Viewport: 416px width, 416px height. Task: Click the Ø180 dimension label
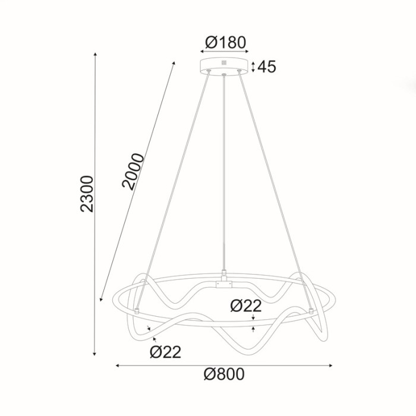(x=225, y=43)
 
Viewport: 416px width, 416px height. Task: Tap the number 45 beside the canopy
(x=267, y=67)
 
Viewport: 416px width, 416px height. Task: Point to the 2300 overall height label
(x=87, y=194)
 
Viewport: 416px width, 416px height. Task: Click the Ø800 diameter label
(x=224, y=374)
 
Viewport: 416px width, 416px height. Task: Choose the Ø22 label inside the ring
(x=245, y=307)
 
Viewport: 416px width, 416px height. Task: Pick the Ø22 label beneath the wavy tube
(x=165, y=352)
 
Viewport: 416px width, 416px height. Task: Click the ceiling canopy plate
(x=224, y=64)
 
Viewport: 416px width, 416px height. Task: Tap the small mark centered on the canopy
(x=224, y=62)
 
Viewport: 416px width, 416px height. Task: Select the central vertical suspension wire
(x=224, y=178)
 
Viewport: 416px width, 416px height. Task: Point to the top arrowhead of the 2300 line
(x=95, y=55)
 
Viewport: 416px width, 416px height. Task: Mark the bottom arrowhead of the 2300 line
(x=95, y=354)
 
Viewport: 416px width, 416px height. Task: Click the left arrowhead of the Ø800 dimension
(x=117, y=365)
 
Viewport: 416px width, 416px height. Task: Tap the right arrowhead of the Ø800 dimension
(x=331, y=365)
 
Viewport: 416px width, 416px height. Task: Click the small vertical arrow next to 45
(x=254, y=67)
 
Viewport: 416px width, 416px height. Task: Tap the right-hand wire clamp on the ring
(x=310, y=310)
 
